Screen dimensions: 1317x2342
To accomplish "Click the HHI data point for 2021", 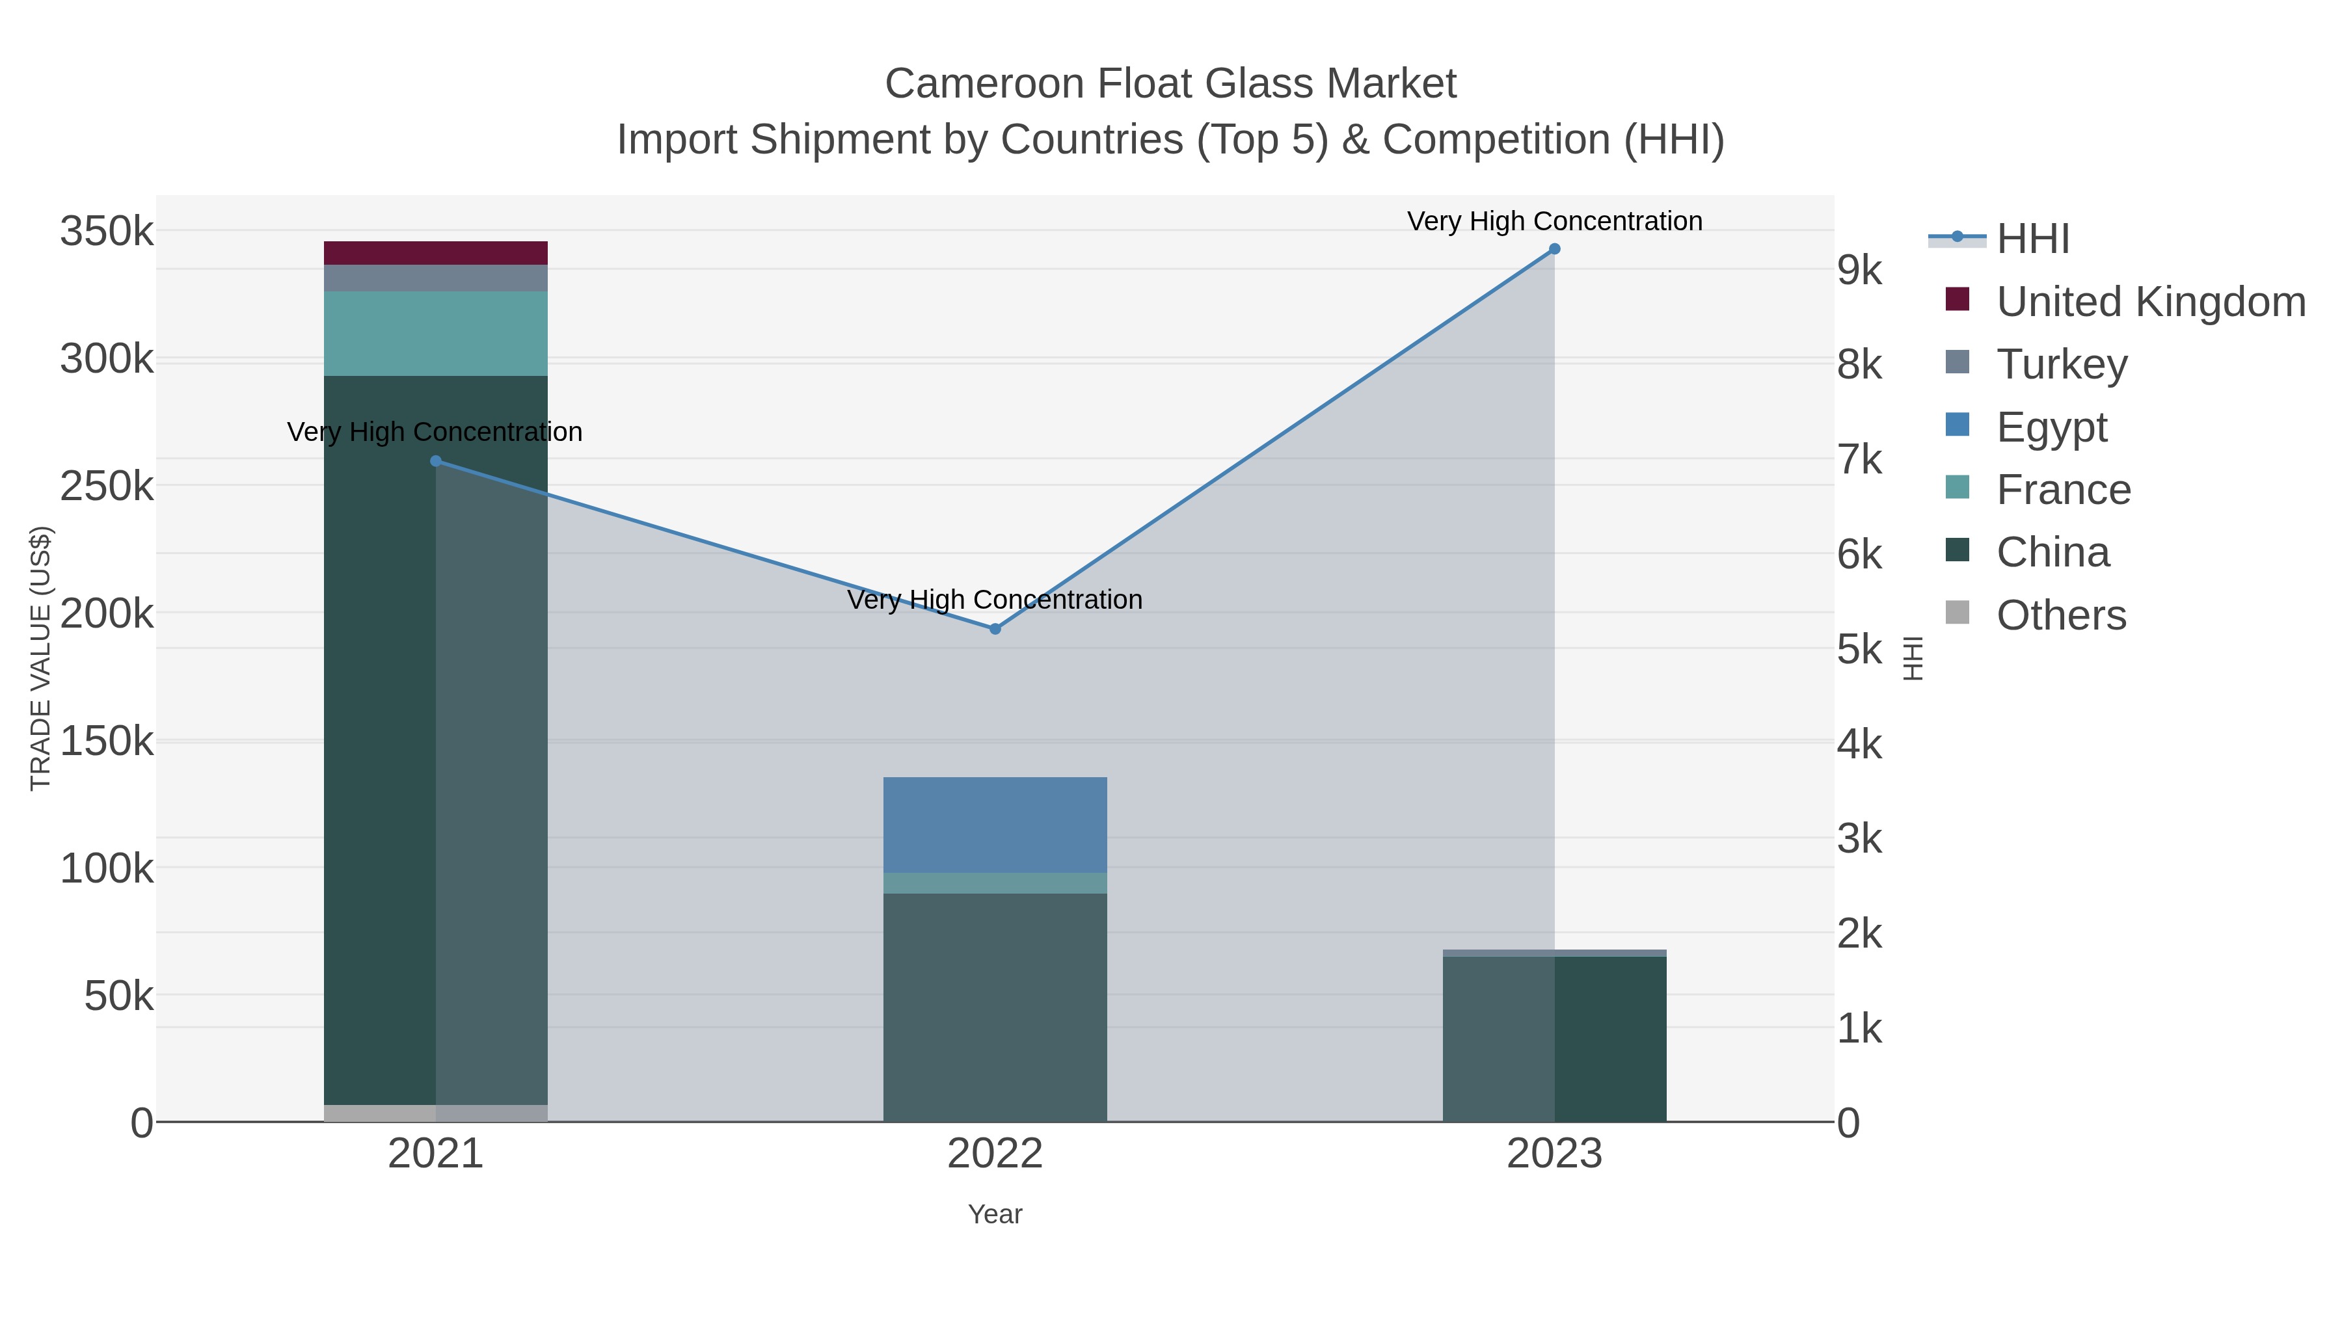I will tap(435, 461).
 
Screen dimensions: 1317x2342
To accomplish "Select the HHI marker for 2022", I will tap(995, 629).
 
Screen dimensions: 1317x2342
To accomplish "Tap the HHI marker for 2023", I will tap(1555, 249).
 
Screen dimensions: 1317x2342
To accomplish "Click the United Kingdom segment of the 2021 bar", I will tap(435, 253).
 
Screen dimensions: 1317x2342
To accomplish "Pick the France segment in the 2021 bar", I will tap(435, 334).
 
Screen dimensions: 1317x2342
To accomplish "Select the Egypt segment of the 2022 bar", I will tap(995, 825).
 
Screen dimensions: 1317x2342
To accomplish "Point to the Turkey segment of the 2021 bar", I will tap(435, 278).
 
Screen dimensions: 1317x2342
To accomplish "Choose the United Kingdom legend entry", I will tap(2150, 302).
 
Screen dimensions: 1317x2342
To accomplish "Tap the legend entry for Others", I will tap(2060, 615).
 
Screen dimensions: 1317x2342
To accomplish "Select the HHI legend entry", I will tap(2033, 239).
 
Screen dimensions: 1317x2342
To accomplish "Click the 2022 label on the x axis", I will tap(995, 1154).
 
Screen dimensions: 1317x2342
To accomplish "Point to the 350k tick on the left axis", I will tap(107, 232).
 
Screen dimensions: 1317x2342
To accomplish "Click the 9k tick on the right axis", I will tap(1859, 270).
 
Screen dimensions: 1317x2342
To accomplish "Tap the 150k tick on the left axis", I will tap(107, 741).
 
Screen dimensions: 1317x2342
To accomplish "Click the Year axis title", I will tap(995, 1214).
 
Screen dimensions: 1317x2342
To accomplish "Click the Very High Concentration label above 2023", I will tap(1555, 222).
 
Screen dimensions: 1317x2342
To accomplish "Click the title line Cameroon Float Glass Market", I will tap(1170, 84).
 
